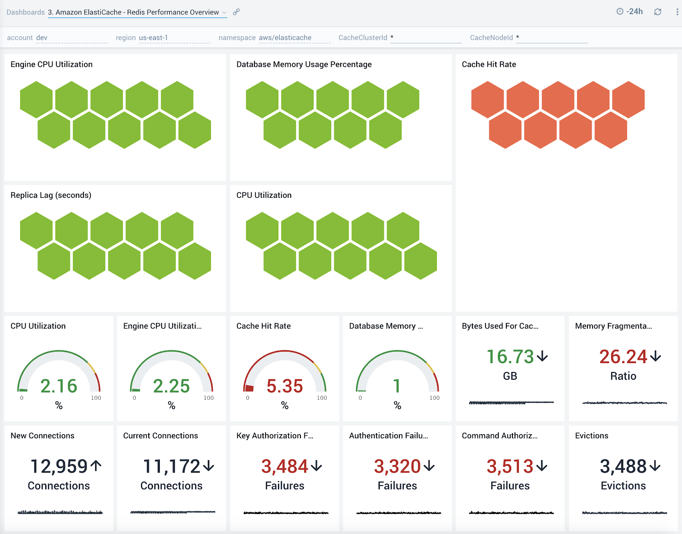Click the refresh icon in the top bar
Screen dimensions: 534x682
point(658,12)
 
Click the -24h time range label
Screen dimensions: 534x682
point(634,12)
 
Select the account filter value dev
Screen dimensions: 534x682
point(42,38)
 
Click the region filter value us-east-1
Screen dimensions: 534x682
point(153,38)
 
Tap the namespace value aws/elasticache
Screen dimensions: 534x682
point(285,38)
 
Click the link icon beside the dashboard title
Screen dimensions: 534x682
point(236,12)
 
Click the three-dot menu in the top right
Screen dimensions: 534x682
point(677,12)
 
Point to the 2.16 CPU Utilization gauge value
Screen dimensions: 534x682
point(59,386)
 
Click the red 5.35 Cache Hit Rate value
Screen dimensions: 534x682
point(284,386)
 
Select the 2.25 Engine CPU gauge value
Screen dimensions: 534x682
point(171,386)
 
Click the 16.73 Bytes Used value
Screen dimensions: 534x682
point(510,357)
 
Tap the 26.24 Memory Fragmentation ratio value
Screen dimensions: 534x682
point(623,357)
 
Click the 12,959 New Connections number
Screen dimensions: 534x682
point(59,466)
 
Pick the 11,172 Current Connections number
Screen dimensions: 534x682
point(171,466)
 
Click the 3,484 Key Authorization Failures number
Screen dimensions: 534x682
point(284,466)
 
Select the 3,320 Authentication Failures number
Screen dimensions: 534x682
point(397,466)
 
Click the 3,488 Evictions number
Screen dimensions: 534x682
point(623,466)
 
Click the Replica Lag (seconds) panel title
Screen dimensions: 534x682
point(51,195)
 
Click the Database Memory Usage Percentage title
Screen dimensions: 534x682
point(304,64)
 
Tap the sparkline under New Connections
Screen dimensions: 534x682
point(60,512)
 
